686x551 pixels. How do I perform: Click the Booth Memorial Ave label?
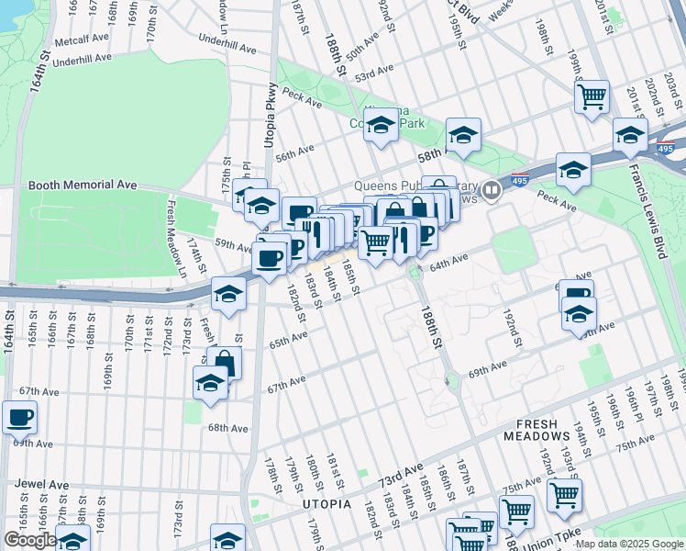83,185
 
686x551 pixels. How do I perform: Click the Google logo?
29,540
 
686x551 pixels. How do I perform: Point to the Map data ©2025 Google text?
627,544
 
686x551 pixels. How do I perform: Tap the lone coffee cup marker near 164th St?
20,417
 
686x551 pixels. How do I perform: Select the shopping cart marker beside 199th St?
592,96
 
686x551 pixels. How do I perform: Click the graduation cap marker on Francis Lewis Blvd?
630,134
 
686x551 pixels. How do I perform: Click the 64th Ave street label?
449,263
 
